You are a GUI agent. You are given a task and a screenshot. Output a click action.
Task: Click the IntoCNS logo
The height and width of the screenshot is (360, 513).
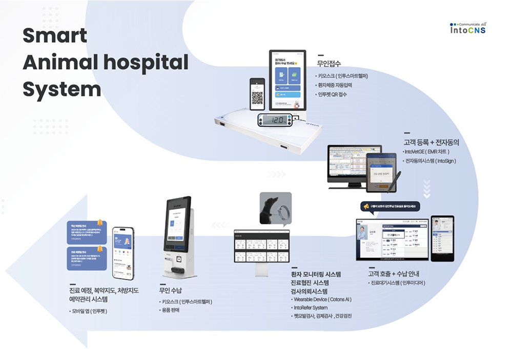pyautogui.click(x=468, y=28)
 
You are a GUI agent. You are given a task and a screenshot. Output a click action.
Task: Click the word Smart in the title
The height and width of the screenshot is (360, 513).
pyautogui.click(x=55, y=36)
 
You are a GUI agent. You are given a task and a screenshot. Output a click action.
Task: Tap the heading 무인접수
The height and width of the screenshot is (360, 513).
pyautogui.click(x=329, y=64)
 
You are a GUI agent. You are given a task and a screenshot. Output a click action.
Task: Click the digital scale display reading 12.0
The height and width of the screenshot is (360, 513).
pyautogui.click(x=277, y=120)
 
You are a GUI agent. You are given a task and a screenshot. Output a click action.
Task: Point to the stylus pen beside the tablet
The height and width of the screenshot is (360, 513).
pyautogui.click(x=395, y=179)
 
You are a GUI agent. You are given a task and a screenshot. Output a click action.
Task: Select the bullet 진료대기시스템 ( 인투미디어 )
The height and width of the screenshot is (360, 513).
pyautogui.click(x=398, y=283)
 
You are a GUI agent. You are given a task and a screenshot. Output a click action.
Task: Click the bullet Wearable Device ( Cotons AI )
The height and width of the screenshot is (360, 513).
pyautogui.click(x=322, y=299)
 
